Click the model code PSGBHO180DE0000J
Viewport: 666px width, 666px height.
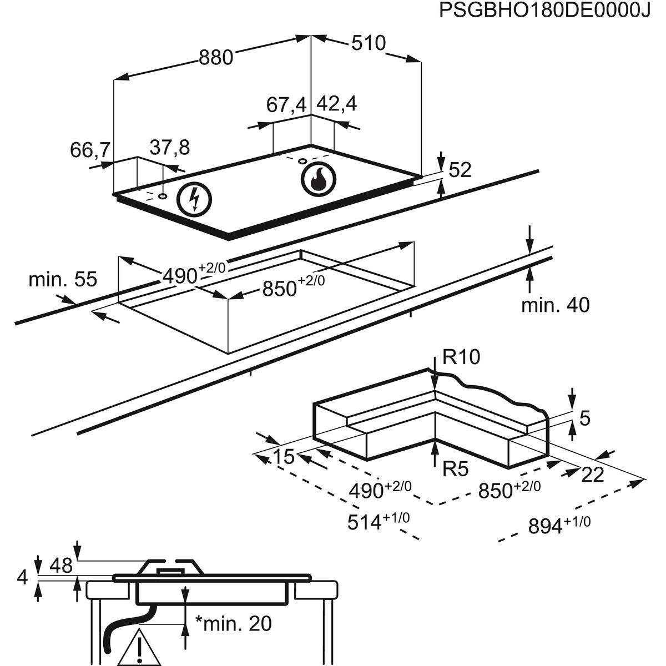tap(544, 12)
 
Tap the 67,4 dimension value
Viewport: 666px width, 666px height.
tap(286, 105)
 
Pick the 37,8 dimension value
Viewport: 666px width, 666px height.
tap(170, 148)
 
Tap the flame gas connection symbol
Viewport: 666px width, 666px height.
tap(319, 179)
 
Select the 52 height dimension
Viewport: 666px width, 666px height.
tap(460, 170)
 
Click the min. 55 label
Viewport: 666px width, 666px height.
tap(63, 279)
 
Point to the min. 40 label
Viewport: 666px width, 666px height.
tap(555, 305)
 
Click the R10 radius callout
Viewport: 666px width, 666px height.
tap(461, 357)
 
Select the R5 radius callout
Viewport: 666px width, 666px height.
tap(456, 470)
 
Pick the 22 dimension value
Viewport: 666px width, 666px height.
tap(593, 474)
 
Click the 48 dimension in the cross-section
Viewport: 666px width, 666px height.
tap(61, 566)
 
